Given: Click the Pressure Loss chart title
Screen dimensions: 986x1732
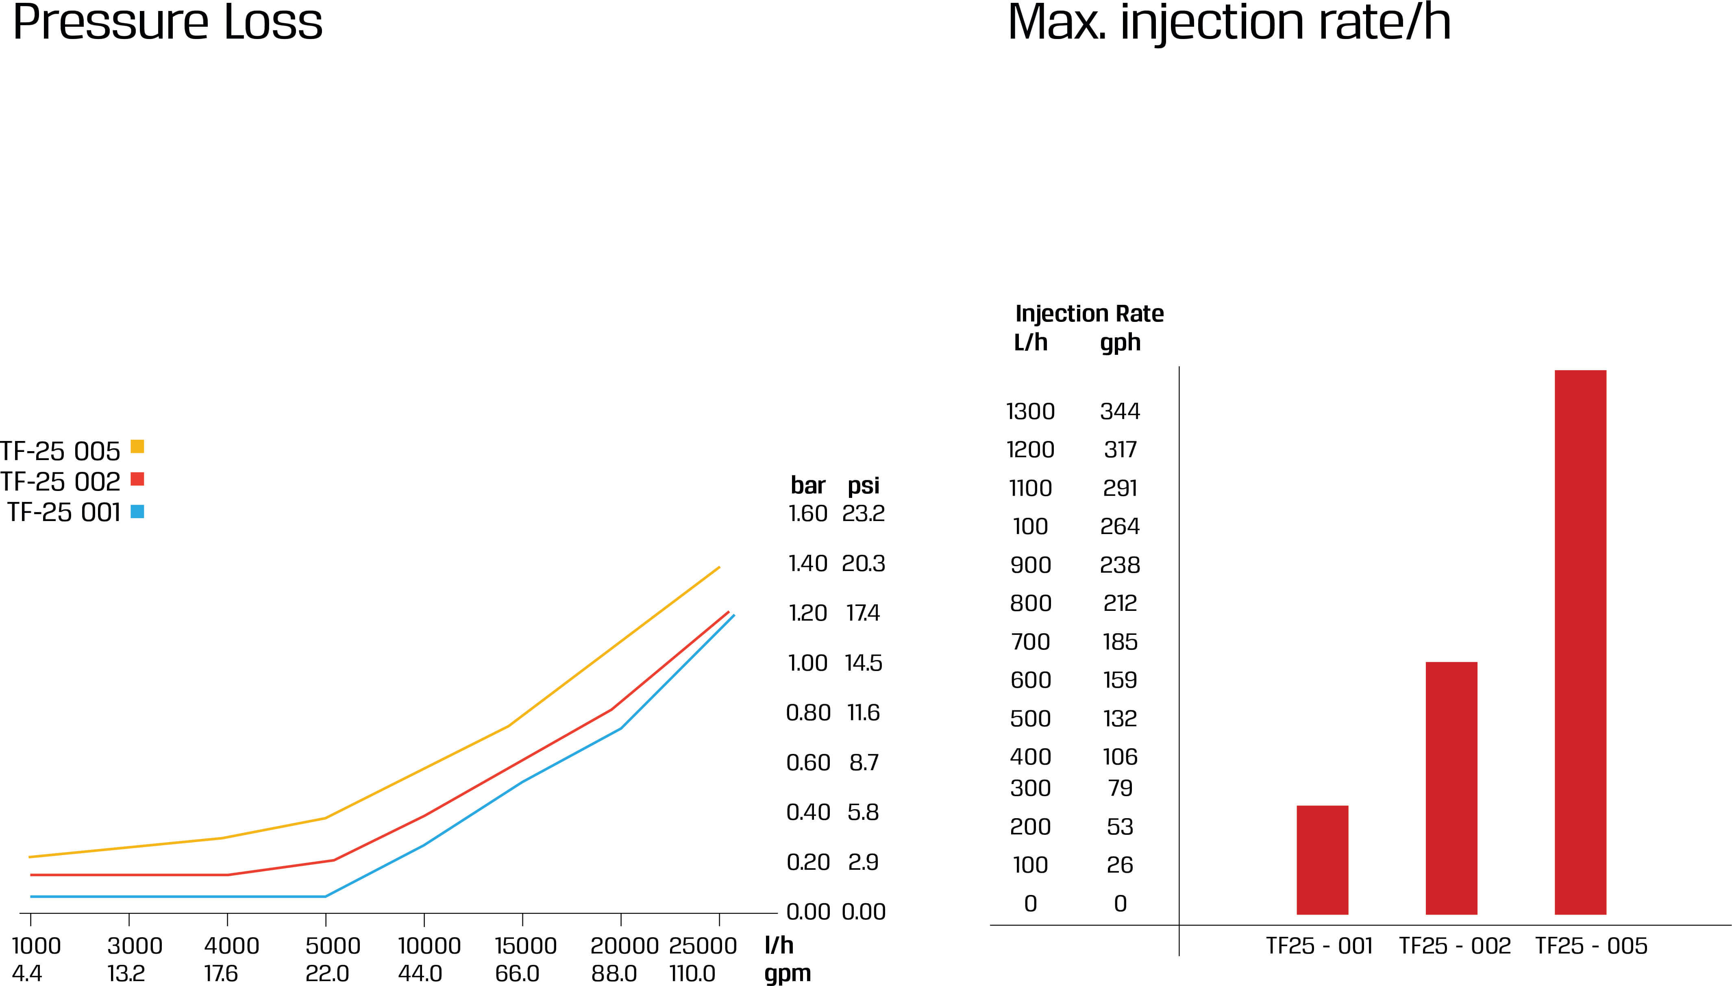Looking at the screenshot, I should point(168,22).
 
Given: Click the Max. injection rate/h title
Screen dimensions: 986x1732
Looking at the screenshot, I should point(1229,22).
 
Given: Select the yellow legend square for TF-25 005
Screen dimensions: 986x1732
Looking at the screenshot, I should point(137,446).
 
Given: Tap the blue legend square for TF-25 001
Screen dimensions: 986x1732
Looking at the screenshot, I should point(137,511).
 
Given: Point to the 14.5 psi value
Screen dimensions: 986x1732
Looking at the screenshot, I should point(863,663).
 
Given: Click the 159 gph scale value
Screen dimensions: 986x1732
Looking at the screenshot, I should point(1120,680).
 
